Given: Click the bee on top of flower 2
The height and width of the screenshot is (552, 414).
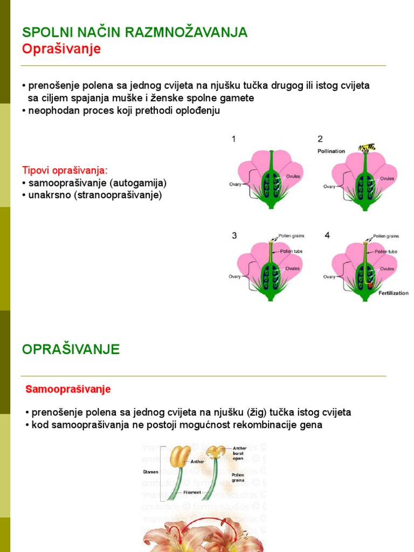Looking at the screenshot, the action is [x=367, y=147].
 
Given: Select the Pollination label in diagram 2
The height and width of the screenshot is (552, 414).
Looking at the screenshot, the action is [x=331, y=151].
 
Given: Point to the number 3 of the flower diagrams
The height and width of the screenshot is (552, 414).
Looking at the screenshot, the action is [x=234, y=236].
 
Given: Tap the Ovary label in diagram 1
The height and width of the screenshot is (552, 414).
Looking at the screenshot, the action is [x=235, y=184].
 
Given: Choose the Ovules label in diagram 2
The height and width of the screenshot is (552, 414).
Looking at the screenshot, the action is [x=387, y=178].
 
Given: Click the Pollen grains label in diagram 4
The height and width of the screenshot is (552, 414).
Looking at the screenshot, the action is [x=385, y=236].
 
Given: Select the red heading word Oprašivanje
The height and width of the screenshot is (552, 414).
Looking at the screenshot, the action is [x=61, y=49].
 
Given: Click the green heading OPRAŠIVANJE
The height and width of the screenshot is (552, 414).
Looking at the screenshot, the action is [x=71, y=349].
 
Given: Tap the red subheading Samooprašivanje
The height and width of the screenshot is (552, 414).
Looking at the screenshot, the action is [x=68, y=389].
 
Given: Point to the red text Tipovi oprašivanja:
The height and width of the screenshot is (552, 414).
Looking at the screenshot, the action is [x=65, y=170].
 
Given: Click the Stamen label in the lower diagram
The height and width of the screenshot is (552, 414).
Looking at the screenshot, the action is [x=150, y=472].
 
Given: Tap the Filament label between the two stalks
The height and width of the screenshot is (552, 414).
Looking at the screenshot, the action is [x=192, y=492].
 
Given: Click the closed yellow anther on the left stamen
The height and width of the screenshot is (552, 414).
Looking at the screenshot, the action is [x=180, y=456].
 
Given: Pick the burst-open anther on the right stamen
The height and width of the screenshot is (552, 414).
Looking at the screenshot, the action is [x=216, y=452].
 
